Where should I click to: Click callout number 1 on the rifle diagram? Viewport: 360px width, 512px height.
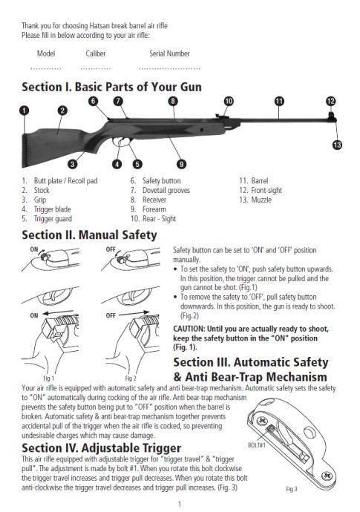coord(24,111)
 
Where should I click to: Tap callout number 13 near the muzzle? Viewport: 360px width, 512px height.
coord(337,145)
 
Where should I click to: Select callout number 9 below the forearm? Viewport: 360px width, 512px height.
coord(181,164)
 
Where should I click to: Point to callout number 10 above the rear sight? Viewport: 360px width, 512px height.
coord(229,101)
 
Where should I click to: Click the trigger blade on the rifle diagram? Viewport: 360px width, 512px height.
coord(120,143)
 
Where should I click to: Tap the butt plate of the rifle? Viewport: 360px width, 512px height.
coord(24,151)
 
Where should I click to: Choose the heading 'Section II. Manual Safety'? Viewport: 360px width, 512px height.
coord(89,234)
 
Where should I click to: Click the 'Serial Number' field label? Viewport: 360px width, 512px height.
coord(169,53)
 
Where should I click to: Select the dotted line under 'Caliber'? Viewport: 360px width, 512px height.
coord(96,68)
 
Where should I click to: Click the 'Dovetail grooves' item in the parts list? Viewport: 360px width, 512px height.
coord(166,190)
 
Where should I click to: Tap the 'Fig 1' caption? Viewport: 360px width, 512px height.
coord(49,378)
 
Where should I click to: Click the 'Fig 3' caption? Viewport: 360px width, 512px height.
coord(292,489)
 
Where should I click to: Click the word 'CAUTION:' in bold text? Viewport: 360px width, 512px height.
coord(189,329)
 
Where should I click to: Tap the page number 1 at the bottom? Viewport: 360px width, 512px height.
coord(180,504)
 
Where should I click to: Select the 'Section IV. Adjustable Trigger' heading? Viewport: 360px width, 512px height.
coord(101,447)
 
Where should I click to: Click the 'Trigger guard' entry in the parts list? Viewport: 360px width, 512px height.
coord(53,218)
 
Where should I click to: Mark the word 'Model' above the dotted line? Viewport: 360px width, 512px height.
coord(46,53)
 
